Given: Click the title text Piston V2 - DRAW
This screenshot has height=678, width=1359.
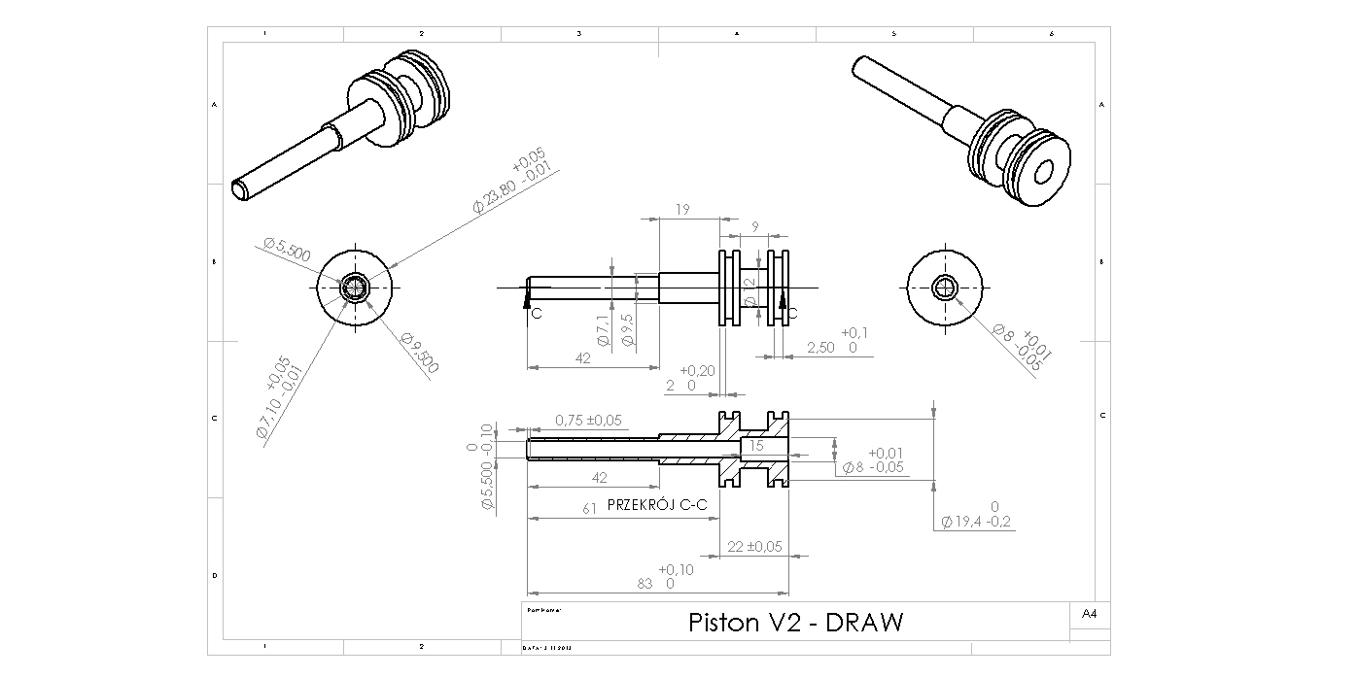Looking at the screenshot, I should click(x=795, y=622).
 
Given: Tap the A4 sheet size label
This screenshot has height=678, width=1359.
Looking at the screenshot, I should click(x=1089, y=614).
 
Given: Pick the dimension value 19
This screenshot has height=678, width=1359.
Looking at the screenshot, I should click(x=681, y=209).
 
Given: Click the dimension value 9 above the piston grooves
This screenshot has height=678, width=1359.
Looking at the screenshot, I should click(x=755, y=226).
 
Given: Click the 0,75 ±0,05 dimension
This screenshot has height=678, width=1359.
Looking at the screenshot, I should click(x=588, y=421).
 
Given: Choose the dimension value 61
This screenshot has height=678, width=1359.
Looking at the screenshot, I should click(x=589, y=508).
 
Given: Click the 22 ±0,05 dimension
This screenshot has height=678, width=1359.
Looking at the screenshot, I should click(x=754, y=547).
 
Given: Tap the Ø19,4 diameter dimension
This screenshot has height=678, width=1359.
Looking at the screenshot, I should click(x=976, y=522).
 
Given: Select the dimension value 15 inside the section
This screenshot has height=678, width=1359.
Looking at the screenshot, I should click(x=756, y=446).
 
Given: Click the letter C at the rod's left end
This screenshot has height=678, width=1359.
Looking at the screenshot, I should click(x=536, y=315).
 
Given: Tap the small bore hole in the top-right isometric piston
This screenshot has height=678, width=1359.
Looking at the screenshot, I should click(x=1044, y=173).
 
